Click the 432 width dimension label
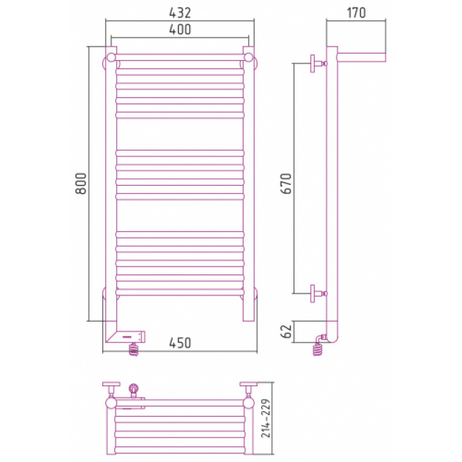click(180, 12)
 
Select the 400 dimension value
click(180, 29)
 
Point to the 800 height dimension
click(81, 183)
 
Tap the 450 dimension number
click(180, 343)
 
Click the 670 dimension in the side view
click(286, 183)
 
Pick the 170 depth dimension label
click(356, 13)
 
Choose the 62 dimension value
click(286, 331)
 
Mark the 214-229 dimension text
click(266, 418)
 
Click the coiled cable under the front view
click(134, 349)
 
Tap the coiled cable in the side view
click(318, 349)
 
